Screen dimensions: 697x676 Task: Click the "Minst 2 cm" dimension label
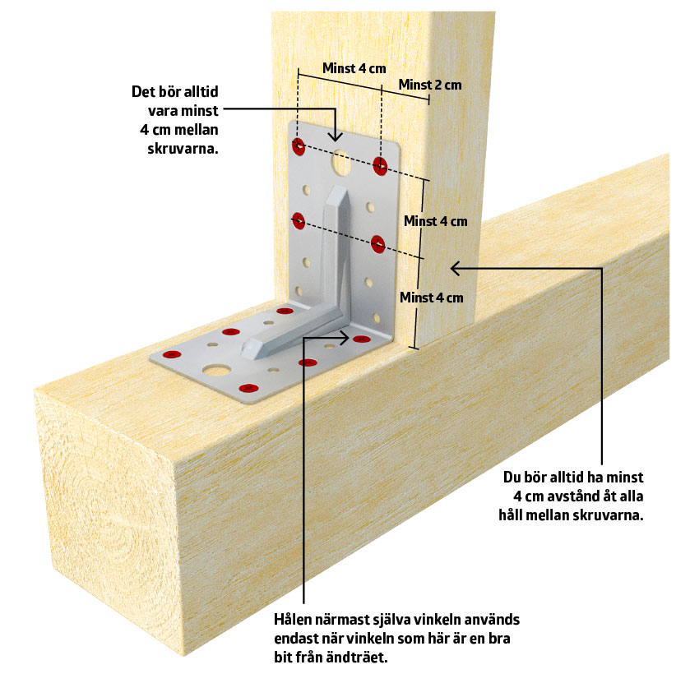click(x=429, y=85)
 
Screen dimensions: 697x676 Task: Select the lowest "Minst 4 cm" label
click(x=431, y=297)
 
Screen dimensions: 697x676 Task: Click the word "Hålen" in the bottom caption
click(x=294, y=620)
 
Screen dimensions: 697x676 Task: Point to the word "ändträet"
click(x=373, y=658)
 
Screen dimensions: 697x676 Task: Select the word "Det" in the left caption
click(x=145, y=91)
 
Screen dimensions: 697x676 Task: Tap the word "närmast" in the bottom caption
click(x=350, y=620)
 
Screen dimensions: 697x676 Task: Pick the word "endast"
click(x=297, y=639)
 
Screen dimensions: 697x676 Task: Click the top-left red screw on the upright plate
click(x=299, y=147)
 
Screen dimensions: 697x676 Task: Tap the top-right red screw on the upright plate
click(x=380, y=165)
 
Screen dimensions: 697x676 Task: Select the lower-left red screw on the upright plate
click(x=298, y=220)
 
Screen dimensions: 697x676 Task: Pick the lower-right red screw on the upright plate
click(x=378, y=243)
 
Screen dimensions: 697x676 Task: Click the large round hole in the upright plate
click(x=339, y=163)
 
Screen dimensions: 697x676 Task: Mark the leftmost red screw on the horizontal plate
click(x=172, y=354)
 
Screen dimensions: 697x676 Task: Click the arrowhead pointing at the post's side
click(x=455, y=266)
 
